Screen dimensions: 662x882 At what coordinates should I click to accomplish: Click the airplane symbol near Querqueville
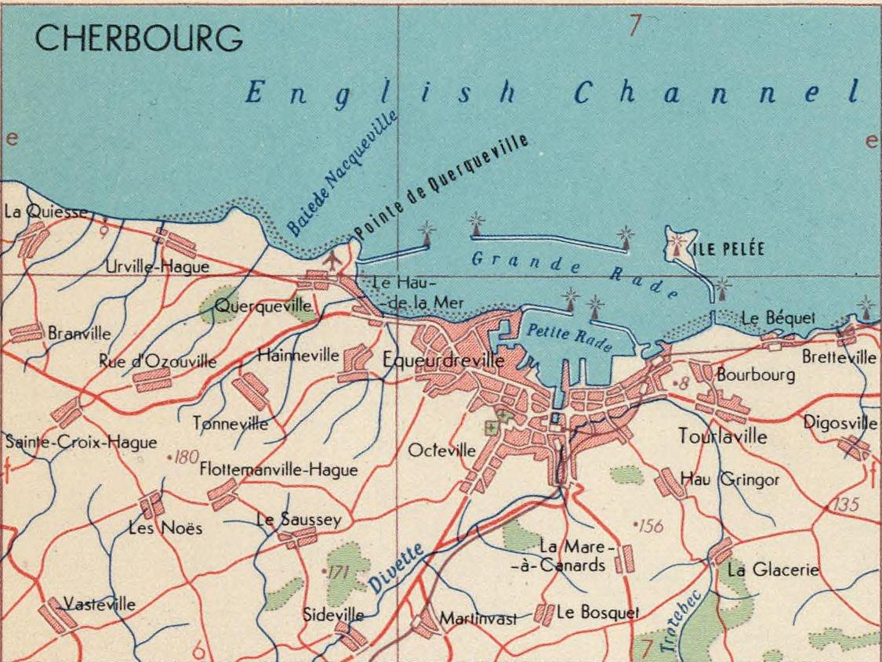click(335, 258)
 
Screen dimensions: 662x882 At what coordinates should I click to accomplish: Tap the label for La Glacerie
click(772, 570)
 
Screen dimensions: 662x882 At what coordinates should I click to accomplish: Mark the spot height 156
click(650, 526)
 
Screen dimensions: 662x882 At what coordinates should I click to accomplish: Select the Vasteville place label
click(99, 604)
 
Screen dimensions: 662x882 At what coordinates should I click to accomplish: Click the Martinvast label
click(477, 619)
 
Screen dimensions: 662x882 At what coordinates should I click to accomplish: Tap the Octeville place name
click(441, 450)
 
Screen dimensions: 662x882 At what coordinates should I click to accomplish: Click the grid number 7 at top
click(635, 25)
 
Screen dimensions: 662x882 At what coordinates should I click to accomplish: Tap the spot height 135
click(845, 505)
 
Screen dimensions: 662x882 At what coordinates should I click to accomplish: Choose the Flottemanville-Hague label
click(278, 470)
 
